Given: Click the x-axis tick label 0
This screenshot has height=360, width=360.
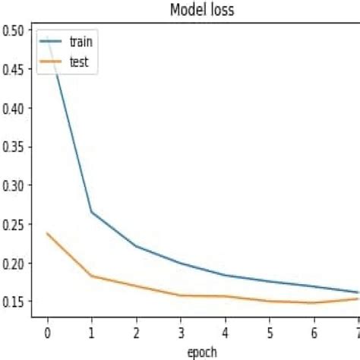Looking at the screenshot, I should tap(47, 333).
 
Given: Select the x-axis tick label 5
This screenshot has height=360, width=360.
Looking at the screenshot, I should tap(269, 333).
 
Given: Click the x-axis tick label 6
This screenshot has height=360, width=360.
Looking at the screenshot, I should tap(313, 333).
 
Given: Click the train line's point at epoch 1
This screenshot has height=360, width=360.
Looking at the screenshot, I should tap(91, 212).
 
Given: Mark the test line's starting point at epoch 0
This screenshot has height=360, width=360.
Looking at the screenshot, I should tap(47, 233).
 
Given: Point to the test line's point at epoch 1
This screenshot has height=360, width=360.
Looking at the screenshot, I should tap(91, 276).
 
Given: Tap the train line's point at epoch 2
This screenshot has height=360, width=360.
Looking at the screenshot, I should tap(135, 246).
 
